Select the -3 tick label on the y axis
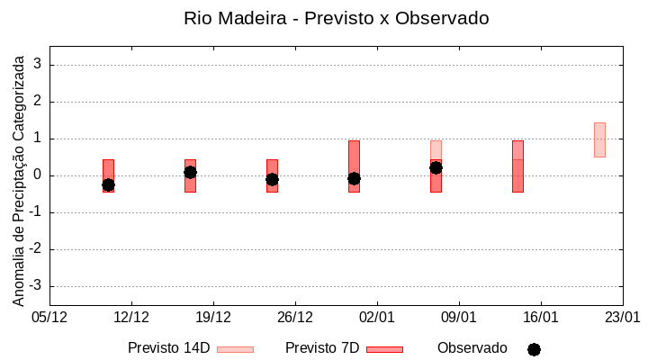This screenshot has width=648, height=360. pyautogui.click(x=35, y=286)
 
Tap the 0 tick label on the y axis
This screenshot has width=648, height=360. pyautogui.click(x=38, y=175)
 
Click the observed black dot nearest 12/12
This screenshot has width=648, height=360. pyautogui.click(x=108, y=184)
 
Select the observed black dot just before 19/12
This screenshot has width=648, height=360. pyautogui.click(x=190, y=172)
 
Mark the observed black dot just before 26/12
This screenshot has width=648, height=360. pyautogui.click(x=272, y=179)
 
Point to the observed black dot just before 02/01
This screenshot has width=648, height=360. pyautogui.click(x=354, y=178)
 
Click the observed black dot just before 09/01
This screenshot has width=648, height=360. pyautogui.click(x=436, y=167)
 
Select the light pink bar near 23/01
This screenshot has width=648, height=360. pyautogui.click(x=599, y=139)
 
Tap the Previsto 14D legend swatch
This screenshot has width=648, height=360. pyautogui.click(x=235, y=349)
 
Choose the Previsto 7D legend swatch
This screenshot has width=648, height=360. pyautogui.click(x=384, y=349)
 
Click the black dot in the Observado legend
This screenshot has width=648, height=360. pyautogui.click(x=534, y=349)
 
